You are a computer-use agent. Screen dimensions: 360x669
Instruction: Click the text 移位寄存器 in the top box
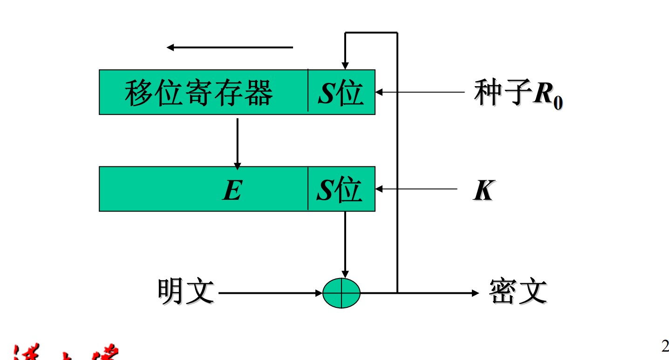198,92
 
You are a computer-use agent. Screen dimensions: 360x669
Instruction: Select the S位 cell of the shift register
341,92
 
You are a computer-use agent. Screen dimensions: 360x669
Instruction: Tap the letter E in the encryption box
232,190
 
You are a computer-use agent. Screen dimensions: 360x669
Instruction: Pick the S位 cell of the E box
340,190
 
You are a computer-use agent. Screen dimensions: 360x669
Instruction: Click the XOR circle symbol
341,293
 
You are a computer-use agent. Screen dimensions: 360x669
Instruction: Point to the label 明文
185,292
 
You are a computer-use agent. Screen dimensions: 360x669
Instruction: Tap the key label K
483,190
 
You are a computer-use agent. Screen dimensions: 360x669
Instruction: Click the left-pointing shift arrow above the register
230,48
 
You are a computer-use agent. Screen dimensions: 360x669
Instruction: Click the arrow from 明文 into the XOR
270,293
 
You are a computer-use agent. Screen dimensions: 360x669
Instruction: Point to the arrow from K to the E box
417,189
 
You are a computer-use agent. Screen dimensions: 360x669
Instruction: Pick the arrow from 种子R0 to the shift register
419,92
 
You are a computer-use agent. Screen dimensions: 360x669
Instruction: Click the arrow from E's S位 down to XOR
345,245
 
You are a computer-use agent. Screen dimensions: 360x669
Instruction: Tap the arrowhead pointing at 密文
475,293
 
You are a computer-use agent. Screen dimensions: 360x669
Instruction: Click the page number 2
665,346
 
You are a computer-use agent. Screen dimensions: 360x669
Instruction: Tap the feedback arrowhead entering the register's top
345,65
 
